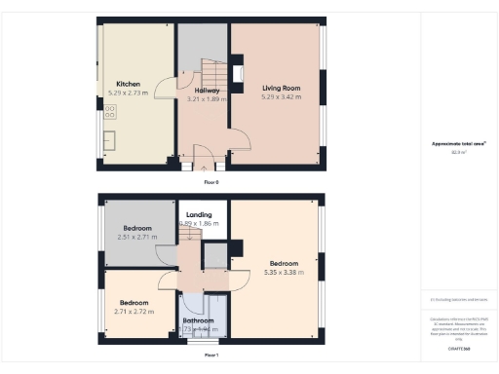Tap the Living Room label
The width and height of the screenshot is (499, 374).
point(281,89)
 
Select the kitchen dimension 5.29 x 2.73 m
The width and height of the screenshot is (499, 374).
point(130,93)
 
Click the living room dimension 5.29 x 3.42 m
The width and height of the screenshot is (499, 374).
point(281,97)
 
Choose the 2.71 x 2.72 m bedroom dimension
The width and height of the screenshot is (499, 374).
point(134,312)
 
